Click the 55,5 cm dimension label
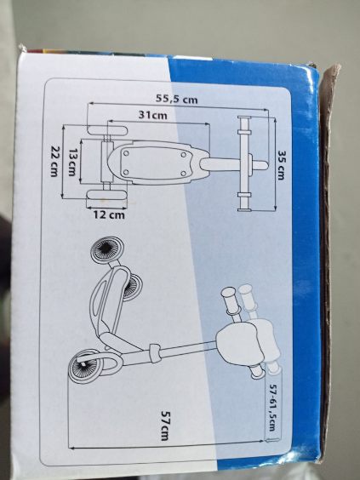(177, 99)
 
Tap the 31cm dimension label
(152, 115)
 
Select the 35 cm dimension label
(282, 165)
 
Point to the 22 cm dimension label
(54, 161)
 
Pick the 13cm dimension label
(72, 163)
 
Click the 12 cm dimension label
(109, 215)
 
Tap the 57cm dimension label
(165, 426)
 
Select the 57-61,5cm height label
(271, 408)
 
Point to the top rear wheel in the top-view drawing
(107, 130)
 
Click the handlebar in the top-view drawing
(244, 163)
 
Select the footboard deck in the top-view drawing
(156, 163)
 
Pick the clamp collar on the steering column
(155, 353)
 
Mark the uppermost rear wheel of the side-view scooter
(108, 250)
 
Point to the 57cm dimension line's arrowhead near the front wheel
(71, 449)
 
